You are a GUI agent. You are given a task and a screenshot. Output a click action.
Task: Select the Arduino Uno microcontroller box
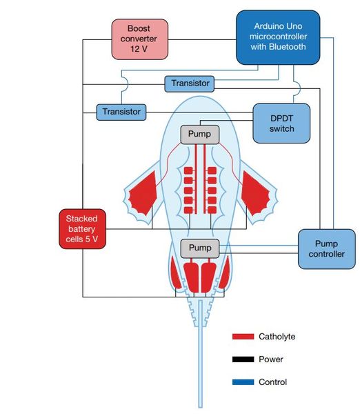click(278, 38)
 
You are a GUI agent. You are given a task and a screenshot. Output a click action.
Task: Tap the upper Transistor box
click(190, 83)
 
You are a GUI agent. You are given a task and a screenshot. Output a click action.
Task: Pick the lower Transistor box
click(121, 110)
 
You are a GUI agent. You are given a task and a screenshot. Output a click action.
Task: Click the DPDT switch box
click(282, 123)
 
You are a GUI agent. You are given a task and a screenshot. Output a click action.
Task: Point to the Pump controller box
click(326, 248)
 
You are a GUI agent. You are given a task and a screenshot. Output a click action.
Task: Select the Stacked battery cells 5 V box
click(82, 228)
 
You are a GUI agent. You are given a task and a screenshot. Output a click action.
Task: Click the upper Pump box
click(199, 134)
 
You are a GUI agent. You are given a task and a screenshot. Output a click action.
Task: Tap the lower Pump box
click(199, 247)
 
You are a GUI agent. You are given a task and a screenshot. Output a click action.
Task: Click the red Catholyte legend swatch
click(243, 337)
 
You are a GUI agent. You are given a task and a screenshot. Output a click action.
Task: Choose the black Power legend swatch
click(243, 359)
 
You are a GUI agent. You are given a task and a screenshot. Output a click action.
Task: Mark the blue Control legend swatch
click(243, 382)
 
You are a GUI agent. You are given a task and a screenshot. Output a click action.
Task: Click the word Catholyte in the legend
click(277, 337)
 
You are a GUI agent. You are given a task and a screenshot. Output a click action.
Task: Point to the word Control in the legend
click(272, 382)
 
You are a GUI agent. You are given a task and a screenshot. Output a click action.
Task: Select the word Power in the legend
click(271, 359)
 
